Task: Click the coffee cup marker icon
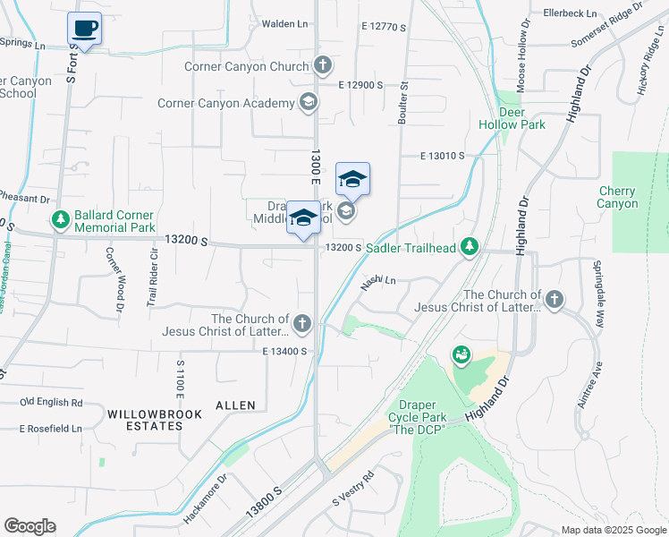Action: (84, 28)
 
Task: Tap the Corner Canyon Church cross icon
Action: (323, 65)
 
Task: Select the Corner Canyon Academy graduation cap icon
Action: (309, 102)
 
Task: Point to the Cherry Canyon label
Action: (617, 197)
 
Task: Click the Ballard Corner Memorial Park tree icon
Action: (61, 219)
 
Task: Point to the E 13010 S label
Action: (443, 156)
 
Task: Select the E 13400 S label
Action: (285, 352)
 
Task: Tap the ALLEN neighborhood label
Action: (234, 405)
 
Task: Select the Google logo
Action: (30, 526)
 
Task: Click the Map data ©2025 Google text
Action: (613, 529)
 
